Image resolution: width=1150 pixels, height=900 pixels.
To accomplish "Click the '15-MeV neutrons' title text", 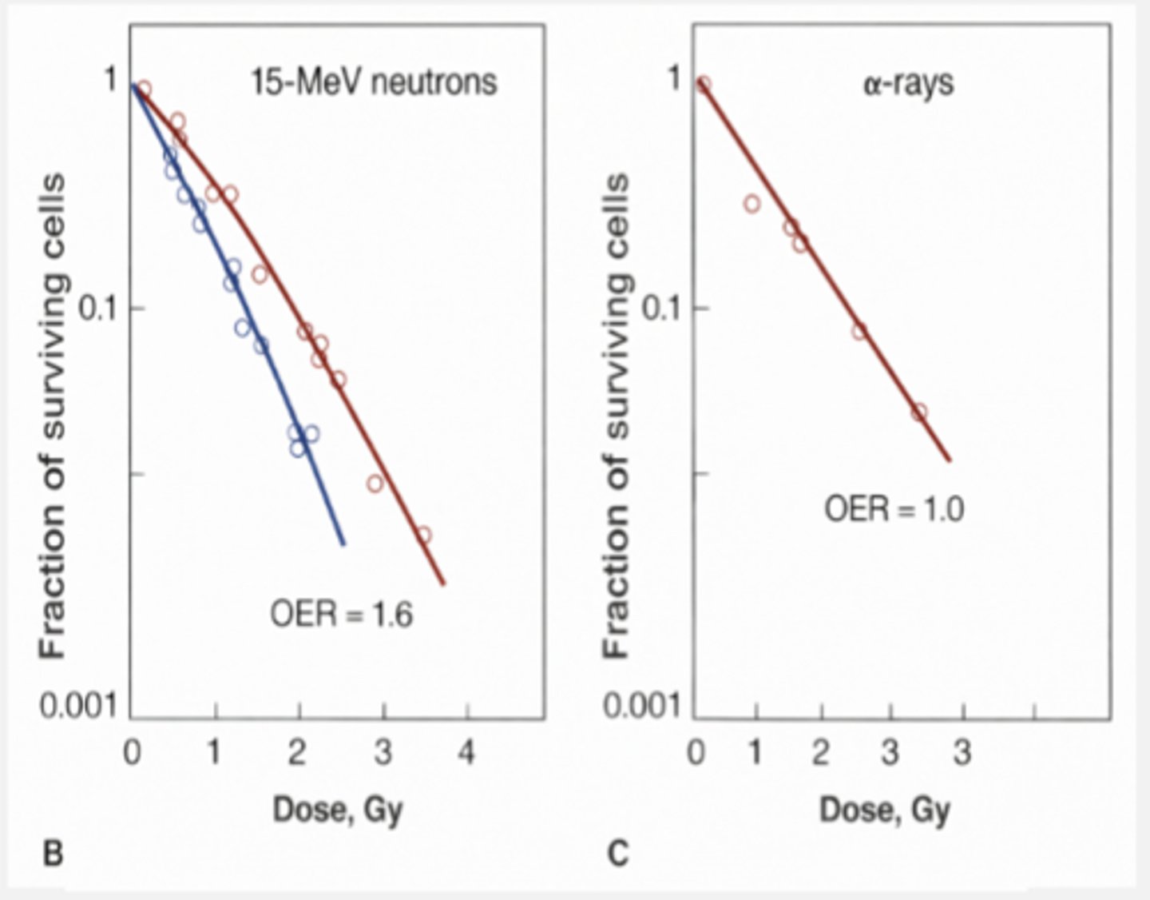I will coord(374,82).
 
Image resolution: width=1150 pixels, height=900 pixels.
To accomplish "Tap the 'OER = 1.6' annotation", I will coord(341,615).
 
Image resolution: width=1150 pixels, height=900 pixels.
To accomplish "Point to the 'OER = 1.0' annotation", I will coord(894,509).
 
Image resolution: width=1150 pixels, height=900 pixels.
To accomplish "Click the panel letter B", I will coord(52,854).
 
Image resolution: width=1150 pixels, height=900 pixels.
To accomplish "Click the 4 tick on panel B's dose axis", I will coord(465,752).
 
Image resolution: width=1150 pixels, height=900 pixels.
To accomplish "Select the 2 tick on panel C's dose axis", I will coord(820,752).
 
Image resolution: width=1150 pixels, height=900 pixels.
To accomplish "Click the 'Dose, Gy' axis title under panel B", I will coord(338,810).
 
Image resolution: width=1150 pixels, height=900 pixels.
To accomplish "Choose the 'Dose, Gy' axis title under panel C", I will coord(885,810).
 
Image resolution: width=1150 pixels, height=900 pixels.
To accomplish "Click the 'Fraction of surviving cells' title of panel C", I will coord(616,416).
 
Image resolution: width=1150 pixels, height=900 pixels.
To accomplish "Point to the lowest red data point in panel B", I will coord(423,535).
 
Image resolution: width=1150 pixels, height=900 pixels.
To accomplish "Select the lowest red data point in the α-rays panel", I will coord(919,412).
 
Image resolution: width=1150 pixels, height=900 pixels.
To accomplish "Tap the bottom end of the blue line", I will coord(344,544).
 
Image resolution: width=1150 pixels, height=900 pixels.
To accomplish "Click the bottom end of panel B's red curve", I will coord(444,584).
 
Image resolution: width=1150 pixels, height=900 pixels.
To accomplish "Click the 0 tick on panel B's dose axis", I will coord(132,752).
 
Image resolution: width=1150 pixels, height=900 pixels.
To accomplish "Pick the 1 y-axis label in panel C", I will coord(675,78).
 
